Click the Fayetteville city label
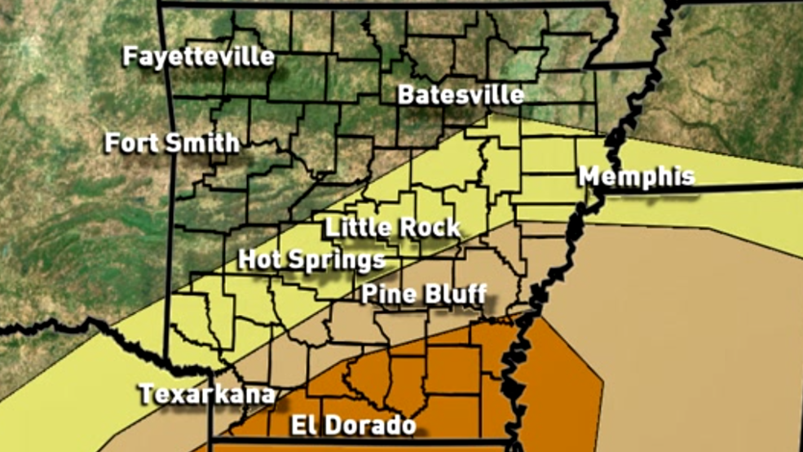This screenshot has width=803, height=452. (x=199, y=56)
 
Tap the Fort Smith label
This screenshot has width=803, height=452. (x=172, y=143)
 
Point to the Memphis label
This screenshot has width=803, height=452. (x=637, y=176)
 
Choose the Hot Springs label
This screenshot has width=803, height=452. (x=311, y=259)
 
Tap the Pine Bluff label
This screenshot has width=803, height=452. (x=424, y=293)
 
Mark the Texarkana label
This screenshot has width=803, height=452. (x=207, y=393)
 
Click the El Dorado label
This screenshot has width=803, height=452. (x=354, y=424)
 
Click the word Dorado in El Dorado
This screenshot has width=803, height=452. (x=371, y=424)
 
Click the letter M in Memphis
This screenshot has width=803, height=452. (x=590, y=176)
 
